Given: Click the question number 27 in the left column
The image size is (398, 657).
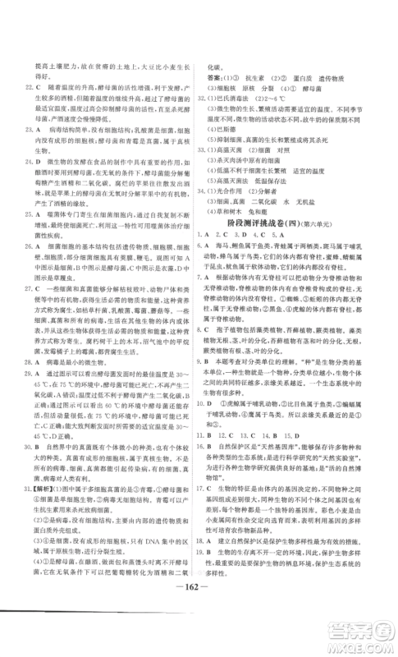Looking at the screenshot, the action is coord(29,289).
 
